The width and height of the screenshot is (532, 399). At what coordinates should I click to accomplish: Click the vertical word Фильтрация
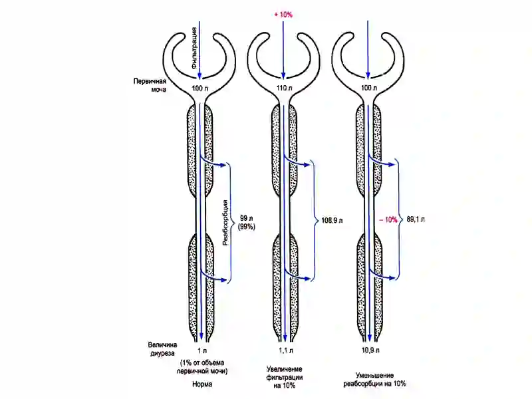click(194, 49)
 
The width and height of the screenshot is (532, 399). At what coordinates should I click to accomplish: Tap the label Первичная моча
click(150, 86)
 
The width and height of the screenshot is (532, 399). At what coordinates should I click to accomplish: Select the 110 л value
click(285, 88)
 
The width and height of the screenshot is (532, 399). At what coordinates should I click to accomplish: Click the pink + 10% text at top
click(283, 15)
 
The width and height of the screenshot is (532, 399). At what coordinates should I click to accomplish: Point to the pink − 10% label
click(388, 220)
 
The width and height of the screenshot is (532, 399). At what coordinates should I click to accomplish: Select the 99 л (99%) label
click(247, 222)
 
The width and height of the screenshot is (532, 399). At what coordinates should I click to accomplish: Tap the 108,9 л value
click(332, 221)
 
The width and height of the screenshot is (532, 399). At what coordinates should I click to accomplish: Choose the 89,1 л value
click(416, 219)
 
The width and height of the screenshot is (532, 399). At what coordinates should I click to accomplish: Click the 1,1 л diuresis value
click(286, 350)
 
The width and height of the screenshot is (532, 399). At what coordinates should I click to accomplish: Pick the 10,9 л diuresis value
click(370, 350)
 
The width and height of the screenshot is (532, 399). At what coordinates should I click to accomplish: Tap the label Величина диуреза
click(162, 349)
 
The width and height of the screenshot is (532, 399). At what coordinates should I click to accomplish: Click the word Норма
click(202, 384)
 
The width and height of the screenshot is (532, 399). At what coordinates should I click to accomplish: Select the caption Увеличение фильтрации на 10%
click(285, 377)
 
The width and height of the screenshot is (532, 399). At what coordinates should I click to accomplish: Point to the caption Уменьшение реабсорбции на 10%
click(374, 380)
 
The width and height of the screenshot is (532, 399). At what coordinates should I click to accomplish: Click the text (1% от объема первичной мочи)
click(202, 367)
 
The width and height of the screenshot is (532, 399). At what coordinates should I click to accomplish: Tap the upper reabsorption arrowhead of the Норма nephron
click(223, 165)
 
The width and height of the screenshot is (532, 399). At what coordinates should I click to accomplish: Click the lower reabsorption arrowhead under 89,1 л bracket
click(392, 278)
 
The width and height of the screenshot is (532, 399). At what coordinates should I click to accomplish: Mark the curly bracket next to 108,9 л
click(314, 221)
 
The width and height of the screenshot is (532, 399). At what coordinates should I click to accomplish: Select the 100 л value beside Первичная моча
click(200, 88)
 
